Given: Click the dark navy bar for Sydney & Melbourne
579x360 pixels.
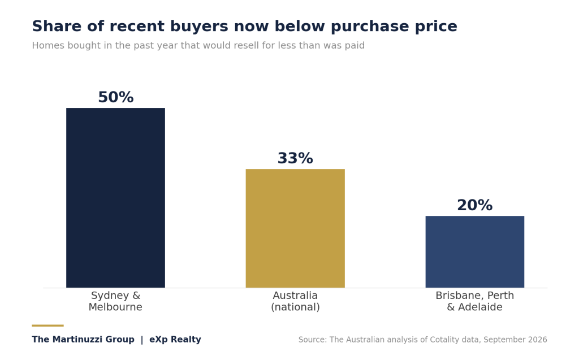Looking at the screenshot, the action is pos(115,198).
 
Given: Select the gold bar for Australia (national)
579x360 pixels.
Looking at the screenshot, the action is pos(295,228).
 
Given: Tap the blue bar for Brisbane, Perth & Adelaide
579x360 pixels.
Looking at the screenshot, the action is pos(474,252).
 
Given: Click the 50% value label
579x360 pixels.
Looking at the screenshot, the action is pos(115,97).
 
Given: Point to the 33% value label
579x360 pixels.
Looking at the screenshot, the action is pos(295,158).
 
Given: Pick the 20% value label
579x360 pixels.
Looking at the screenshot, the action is pos(474,205).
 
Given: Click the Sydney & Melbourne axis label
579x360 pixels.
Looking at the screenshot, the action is pos(115,301).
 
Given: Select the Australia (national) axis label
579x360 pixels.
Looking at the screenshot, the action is pos(295,301).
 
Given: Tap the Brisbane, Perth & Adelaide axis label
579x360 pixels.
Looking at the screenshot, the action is pos(474,301).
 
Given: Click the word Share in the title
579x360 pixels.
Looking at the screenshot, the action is pos(57,26).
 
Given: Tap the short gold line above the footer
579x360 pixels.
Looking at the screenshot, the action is pos(47,326).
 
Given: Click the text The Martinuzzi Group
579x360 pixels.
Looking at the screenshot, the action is pos(83,340).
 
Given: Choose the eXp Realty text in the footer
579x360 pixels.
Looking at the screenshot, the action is pos(175,340).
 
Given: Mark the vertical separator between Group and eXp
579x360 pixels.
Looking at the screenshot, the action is pos(142,340).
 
